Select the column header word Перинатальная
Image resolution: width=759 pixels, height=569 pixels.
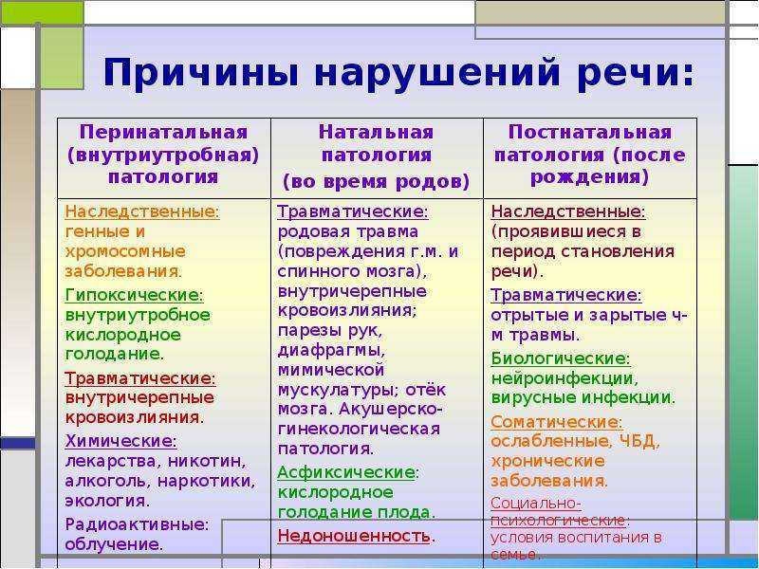pos(163,132)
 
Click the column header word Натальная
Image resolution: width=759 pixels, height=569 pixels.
pos(376,132)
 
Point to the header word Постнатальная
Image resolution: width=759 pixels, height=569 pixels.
pos(590,132)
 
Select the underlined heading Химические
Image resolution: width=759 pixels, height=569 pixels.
pos(120,441)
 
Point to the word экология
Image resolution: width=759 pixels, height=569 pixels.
pos(105,501)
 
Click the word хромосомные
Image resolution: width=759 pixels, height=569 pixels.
pos(125,251)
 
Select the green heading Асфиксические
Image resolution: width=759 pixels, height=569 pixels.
pos(346,472)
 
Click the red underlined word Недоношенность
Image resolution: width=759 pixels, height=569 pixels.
pos(354,536)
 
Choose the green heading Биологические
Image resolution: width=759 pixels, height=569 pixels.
pos(559,358)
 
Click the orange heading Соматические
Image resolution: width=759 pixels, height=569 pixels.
pos(555,422)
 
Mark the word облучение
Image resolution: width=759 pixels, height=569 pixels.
pos(112,544)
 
